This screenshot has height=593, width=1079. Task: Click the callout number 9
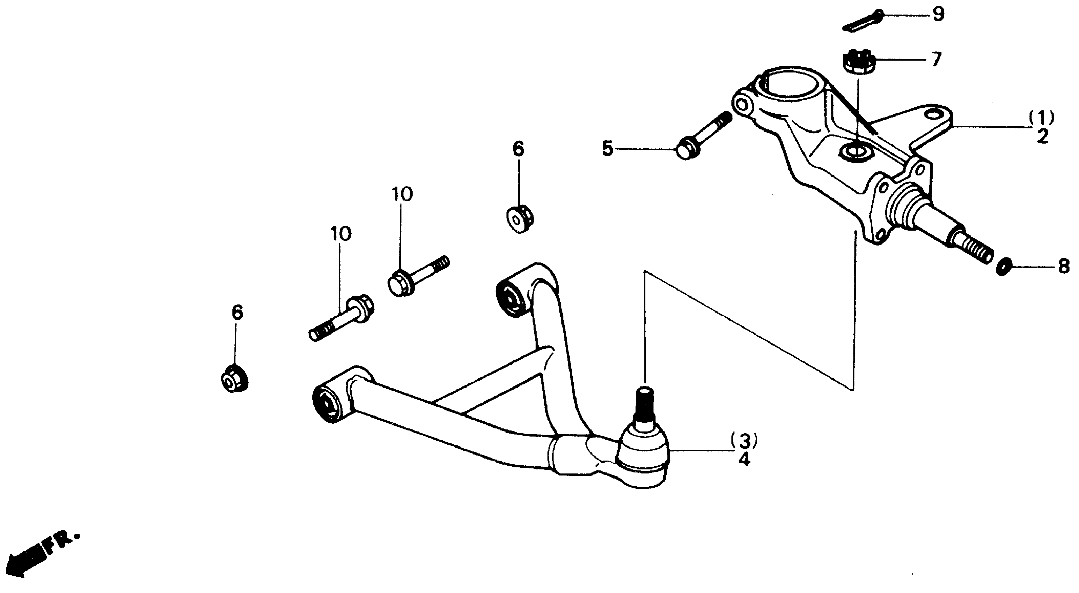[939, 15]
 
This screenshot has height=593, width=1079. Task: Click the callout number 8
[1064, 266]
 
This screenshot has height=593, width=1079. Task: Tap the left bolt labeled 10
[342, 319]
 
